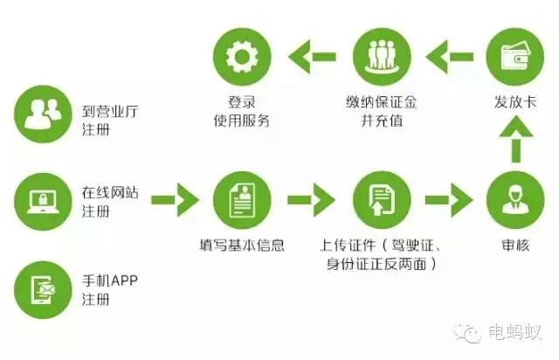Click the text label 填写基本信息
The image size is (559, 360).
click(241, 246)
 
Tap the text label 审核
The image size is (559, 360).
click(514, 246)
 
